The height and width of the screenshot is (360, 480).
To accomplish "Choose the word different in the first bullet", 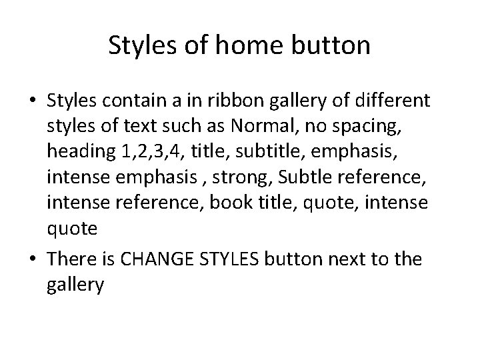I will click(x=392, y=101).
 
